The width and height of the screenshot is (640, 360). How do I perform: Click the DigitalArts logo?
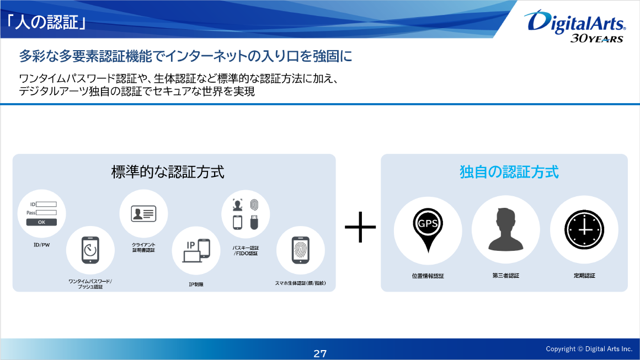tap(575, 26)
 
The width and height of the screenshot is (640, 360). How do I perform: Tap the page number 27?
tap(320, 353)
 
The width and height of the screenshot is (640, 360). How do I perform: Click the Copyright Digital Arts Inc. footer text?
tap(589, 349)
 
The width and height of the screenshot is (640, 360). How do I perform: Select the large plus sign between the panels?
tap(360, 227)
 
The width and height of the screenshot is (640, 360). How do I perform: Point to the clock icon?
tap(584, 230)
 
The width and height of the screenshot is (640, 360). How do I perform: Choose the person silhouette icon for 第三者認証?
tap(506, 229)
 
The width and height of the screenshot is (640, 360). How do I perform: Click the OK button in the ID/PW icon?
tap(41, 222)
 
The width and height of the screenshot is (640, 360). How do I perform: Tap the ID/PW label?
tap(41, 245)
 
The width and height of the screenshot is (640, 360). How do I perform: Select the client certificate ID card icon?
tap(143, 214)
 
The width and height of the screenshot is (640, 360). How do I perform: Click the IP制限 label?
tap(196, 284)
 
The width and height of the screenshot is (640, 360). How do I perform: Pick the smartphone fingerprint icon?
tap(300, 250)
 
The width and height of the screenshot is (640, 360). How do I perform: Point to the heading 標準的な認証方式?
tap(168, 172)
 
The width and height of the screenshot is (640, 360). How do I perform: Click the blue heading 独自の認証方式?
tap(509, 172)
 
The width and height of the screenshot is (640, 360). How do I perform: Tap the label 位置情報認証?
tap(428, 276)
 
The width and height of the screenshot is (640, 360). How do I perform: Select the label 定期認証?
tap(584, 276)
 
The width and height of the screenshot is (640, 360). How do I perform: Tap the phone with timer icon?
tap(90, 250)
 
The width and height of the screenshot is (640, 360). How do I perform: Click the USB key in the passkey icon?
tap(254, 222)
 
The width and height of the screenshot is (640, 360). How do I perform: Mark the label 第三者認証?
tap(506, 276)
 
